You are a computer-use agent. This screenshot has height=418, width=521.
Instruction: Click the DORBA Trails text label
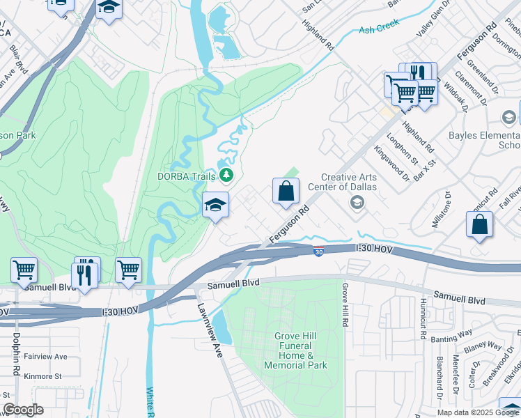coord(186,176)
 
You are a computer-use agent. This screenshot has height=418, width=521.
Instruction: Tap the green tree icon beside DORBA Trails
coord(226,175)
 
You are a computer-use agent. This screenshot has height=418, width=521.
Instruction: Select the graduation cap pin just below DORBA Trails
coord(216,206)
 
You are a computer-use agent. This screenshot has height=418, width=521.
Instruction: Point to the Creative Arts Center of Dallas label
coord(348,183)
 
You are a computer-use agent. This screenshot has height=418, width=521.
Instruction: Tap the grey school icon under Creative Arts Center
coord(357,202)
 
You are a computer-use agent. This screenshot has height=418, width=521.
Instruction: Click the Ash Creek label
coord(376,30)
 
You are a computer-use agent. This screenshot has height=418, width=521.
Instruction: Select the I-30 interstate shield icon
coord(318,252)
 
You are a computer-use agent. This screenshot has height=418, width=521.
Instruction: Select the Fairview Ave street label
coord(44,356)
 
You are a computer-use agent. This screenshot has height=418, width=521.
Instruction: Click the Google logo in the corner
coord(23,410)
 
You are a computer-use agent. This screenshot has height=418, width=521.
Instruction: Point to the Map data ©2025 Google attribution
coord(477,412)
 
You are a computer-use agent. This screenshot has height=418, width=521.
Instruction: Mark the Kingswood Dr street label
coord(391,162)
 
